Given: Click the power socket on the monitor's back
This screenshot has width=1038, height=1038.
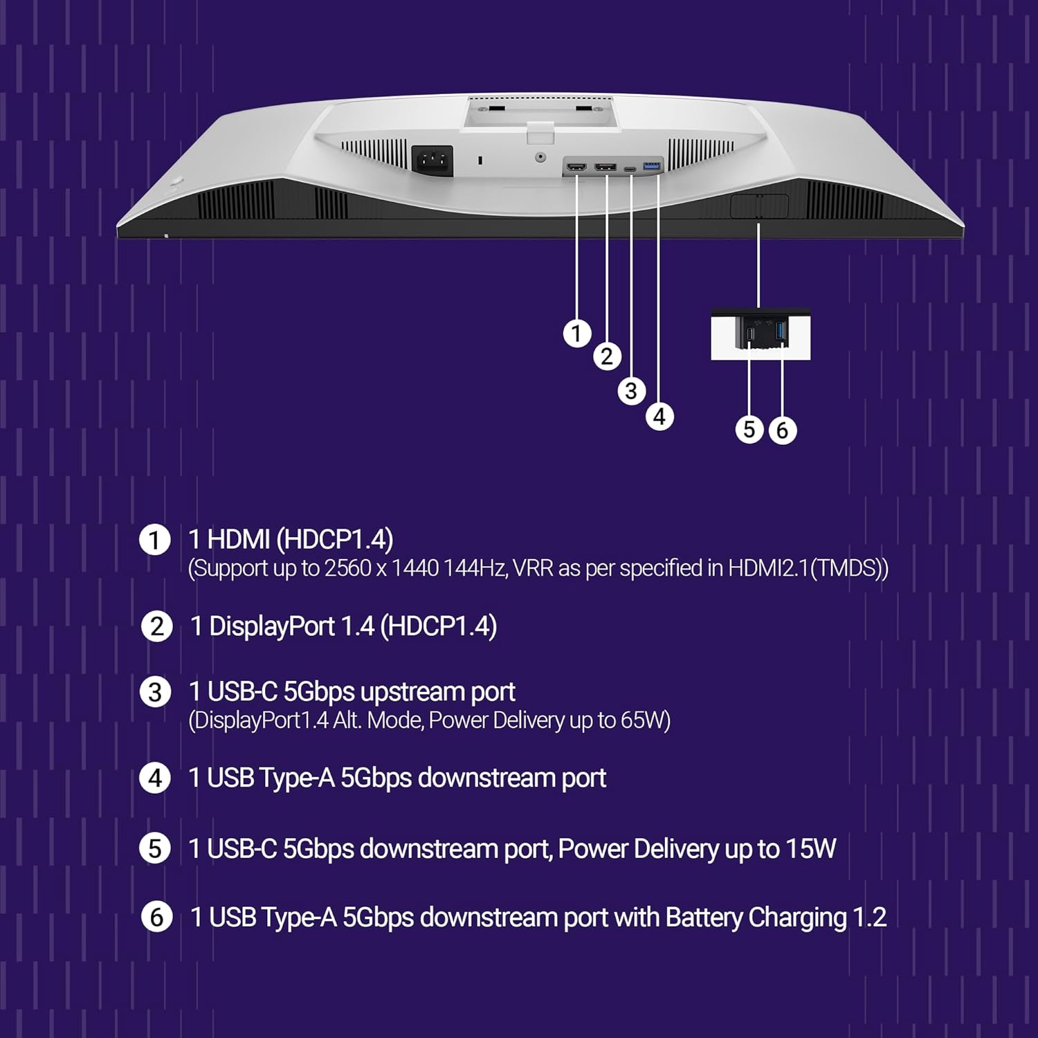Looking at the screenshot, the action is click(432, 161).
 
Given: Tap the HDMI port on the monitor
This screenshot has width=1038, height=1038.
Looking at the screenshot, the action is click(576, 167).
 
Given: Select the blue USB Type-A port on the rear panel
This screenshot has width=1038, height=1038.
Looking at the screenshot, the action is click(652, 166).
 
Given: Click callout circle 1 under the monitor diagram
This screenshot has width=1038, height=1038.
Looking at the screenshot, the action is click(577, 334).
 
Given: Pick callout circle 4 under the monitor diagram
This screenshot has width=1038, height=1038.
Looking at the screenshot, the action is click(659, 417).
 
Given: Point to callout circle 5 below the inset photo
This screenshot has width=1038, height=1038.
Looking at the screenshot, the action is click(749, 430).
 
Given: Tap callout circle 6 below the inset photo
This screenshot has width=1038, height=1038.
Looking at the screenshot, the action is click(782, 430).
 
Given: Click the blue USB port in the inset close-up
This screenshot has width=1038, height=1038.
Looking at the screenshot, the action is click(781, 331).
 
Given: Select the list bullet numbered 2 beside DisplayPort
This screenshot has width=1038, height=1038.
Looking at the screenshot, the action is click(156, 627).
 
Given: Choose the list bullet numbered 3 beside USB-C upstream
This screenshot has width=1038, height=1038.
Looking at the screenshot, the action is click(155, 693).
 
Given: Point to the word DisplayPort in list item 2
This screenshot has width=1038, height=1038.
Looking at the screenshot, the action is click(272, 627).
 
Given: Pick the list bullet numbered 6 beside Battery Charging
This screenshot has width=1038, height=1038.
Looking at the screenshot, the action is click(156, 918).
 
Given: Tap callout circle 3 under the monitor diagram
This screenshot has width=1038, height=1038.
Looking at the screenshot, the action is click(631, 391).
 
